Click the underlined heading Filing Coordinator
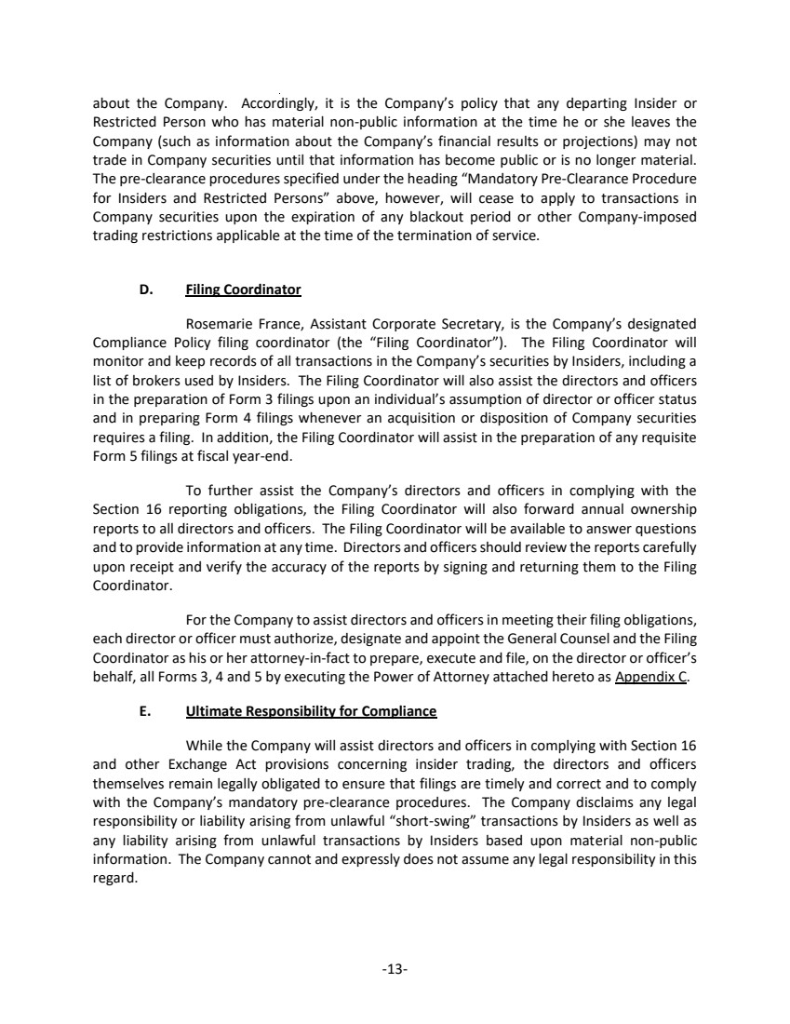click(243, 290)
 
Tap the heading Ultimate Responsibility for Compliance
click(311, 711)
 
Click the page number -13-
click(395, 969)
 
